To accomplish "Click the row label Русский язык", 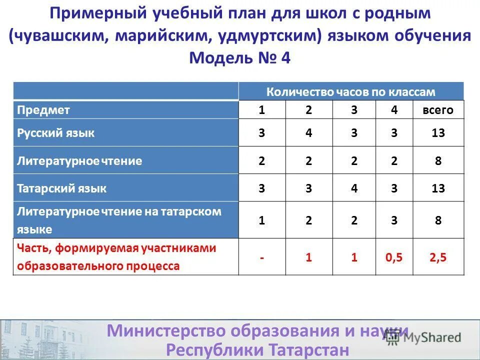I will click(56, 133).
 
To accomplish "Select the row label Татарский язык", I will click(62, 188).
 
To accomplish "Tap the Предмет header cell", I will click(43, 110).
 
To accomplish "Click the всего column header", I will click(438, 110).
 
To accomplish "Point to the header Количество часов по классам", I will click(350, 92).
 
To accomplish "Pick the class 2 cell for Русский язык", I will click(308, 133).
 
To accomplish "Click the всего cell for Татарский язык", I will click(438, 188).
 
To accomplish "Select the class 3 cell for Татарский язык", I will click(354, 188).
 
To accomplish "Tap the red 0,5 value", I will click(394, 257).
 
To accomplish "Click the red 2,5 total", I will click(438, 257).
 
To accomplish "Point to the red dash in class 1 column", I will click(261, 257).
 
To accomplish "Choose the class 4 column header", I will click(394, 110).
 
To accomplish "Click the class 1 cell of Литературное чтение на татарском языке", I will click(261, 220).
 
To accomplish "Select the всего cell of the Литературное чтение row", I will click(438, 161).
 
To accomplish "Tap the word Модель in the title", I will click(214, 57).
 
